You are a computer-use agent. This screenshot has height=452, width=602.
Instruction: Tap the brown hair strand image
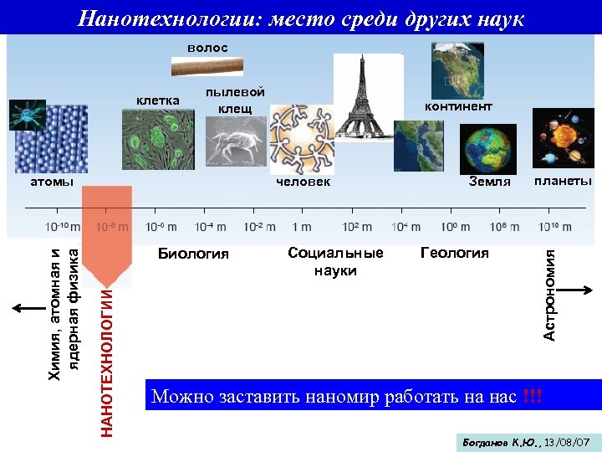pos(207,66)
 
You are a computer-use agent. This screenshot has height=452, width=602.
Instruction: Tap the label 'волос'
pos(207,48)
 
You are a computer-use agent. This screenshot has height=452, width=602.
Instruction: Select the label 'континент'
pos(458,106)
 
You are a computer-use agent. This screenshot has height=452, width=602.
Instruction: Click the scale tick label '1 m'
pos(302,227)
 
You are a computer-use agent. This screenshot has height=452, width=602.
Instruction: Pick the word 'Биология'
pos(193,254)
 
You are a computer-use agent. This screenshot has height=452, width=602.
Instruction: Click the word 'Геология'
pos(454,253)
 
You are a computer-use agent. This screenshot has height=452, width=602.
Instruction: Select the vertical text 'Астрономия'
pos(549,295)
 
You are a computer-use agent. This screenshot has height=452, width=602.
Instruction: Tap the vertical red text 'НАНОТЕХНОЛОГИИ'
pos(107,360)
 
